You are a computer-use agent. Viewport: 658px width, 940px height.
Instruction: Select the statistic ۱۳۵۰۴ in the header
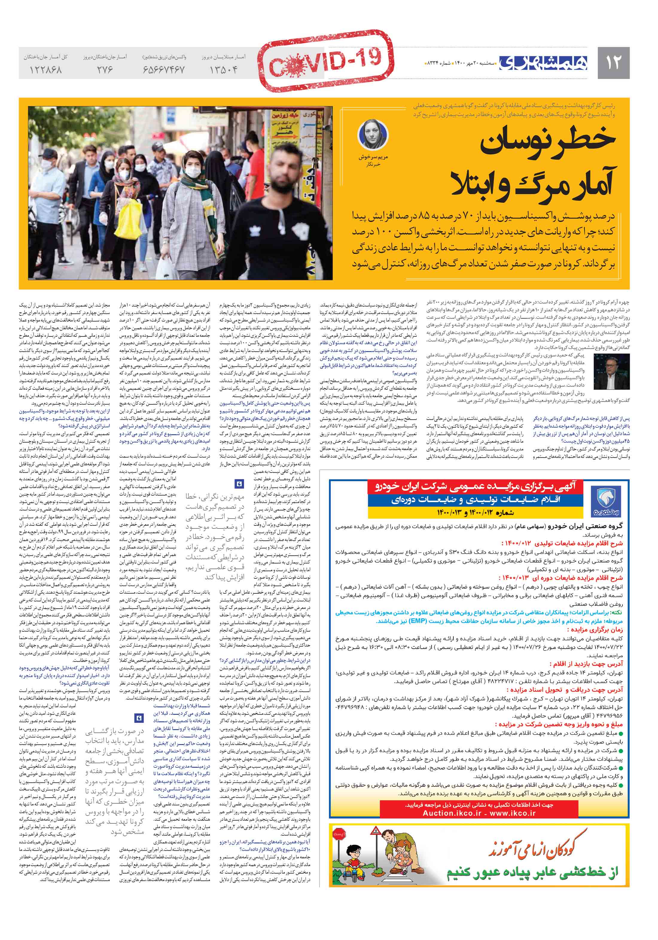(223, 70)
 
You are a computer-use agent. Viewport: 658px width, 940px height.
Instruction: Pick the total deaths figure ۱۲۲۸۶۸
(45, 70)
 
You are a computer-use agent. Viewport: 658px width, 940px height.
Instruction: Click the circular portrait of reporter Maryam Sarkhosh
(373, 135)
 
